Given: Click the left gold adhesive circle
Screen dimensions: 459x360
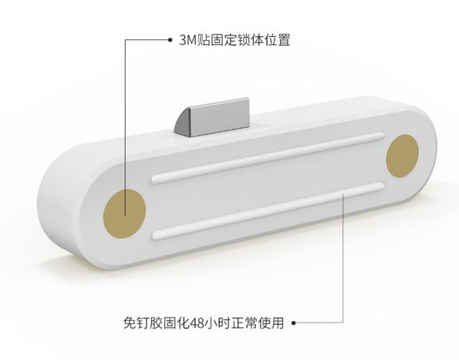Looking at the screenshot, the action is coord(124,213).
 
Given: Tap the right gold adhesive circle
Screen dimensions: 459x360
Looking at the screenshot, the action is coord(402,156).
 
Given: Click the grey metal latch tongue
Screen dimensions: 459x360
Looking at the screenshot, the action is coord(212,118).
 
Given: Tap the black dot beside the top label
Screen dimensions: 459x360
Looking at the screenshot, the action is coord(170,40).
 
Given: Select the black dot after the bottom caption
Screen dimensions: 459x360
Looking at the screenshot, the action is coord(293,323).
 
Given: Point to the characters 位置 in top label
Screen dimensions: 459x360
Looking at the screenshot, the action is coord(278,40).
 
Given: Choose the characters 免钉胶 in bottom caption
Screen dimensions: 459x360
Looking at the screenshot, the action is coord(143,323).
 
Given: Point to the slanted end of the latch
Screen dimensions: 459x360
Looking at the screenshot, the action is coord(182,123).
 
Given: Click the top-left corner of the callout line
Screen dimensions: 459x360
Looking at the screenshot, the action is coord(125,40).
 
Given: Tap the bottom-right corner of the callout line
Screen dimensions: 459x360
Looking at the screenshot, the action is coord(343,323).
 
